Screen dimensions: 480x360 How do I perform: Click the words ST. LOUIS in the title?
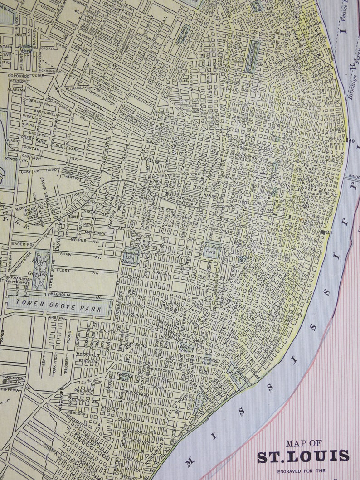(x=303, y=456)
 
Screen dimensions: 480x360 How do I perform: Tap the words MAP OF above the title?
(x=303, y=443)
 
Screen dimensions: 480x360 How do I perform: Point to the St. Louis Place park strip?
(x=252, y=57)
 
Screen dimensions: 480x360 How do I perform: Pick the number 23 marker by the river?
(x=329, y=232)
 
